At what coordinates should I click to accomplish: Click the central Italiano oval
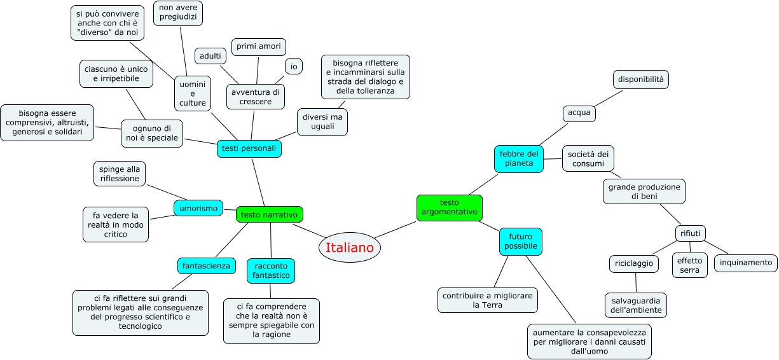click(349, 247)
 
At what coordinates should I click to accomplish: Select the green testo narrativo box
click(269, 214)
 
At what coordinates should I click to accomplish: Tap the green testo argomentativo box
click(450, 208)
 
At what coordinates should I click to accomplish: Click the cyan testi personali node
click(249, 148)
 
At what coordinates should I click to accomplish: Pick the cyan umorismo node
click(198, 207)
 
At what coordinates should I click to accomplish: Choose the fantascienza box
click(206, 265)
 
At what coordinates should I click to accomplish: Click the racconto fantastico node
click(271, 270)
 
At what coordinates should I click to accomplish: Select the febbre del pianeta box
click(519, 159)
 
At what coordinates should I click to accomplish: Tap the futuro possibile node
click(521, 241)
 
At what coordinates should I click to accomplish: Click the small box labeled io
click(293, 66)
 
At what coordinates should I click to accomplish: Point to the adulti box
click(210, 56)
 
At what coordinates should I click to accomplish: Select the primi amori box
click(258, 47)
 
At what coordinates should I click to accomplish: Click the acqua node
click(579, 113)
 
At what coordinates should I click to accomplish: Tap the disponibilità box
click(641, 80)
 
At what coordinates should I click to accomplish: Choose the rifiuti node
click(690, 233)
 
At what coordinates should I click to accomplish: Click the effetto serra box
click(690, 265)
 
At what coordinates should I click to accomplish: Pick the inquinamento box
click(745, 262)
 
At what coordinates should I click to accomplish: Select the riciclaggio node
click(634, 263)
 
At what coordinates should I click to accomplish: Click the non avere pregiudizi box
click(178, 13)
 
